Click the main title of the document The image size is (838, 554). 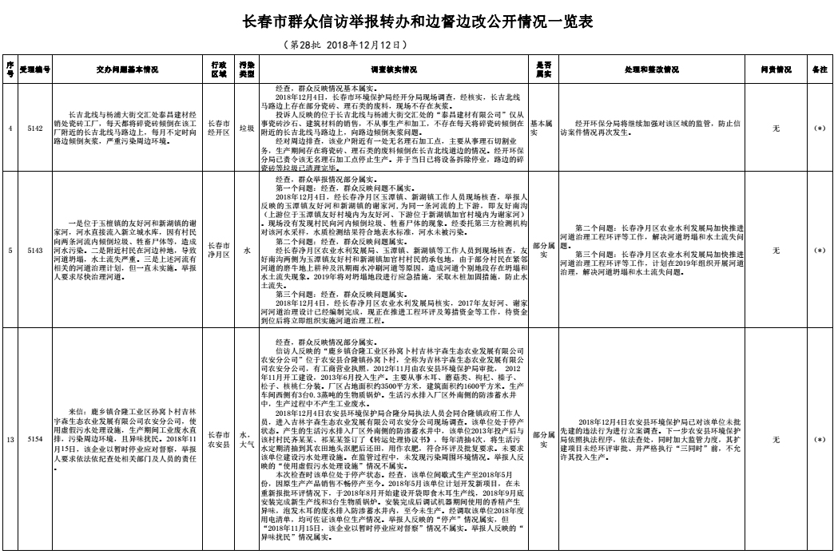point(419,22)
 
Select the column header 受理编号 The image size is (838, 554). point(35,69)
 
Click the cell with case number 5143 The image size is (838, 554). point(35,251)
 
